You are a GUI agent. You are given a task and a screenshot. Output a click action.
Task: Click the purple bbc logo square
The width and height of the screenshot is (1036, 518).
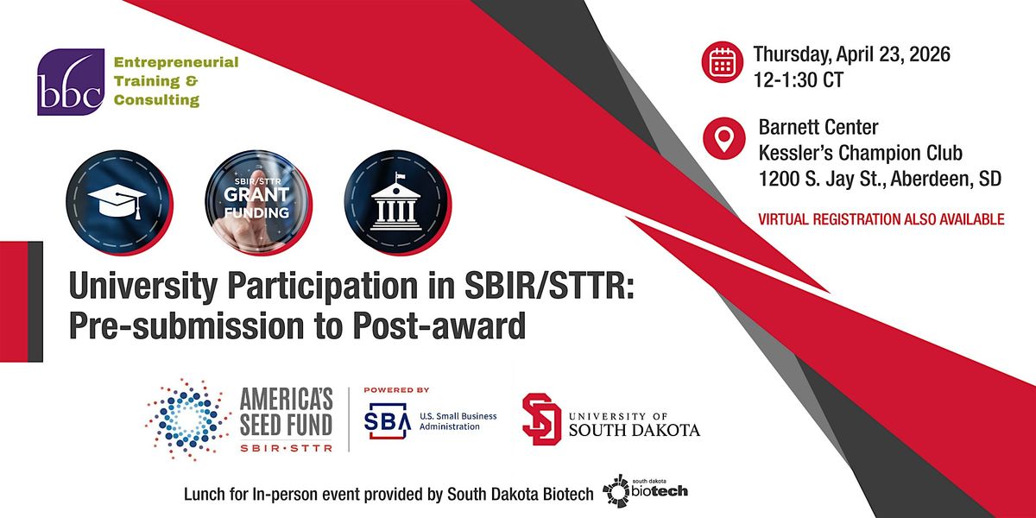pos(71,82)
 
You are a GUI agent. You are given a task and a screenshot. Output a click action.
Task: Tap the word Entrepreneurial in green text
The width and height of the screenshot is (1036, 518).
pos(176,62)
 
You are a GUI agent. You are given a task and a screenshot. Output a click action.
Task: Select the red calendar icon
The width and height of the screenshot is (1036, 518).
pos(722,62)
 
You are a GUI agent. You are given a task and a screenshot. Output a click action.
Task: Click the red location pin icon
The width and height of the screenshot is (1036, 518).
pos(723,138)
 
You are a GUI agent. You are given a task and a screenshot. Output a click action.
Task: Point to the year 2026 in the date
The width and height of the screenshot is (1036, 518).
pos(930,54)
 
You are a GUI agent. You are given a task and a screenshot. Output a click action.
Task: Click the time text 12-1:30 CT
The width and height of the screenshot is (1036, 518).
pos(799,80)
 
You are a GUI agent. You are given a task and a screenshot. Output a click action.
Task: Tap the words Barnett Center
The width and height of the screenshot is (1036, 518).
pos(818,127)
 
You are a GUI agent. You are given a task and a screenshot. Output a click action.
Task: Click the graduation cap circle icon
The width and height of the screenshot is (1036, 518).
pos(119,203)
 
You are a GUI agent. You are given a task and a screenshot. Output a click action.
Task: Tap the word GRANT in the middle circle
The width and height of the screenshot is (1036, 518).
pos(256,195)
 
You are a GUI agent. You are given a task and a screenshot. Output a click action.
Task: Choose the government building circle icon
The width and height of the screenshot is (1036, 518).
pos(397,203)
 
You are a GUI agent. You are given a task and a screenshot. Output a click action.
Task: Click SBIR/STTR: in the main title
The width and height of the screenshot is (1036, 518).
pos(549,287)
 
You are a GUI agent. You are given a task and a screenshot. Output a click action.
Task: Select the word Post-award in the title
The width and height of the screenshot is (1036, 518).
pos(439,326)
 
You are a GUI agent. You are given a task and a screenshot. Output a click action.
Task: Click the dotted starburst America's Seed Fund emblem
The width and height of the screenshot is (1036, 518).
pos(188,420)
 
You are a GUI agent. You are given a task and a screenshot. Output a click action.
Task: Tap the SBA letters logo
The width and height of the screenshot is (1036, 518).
pos(388,420)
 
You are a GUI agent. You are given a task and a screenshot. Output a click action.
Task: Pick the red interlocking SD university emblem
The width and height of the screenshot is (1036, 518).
pos(541,419)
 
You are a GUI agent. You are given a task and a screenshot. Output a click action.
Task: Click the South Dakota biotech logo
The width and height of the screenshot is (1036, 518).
pos(645,490)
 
